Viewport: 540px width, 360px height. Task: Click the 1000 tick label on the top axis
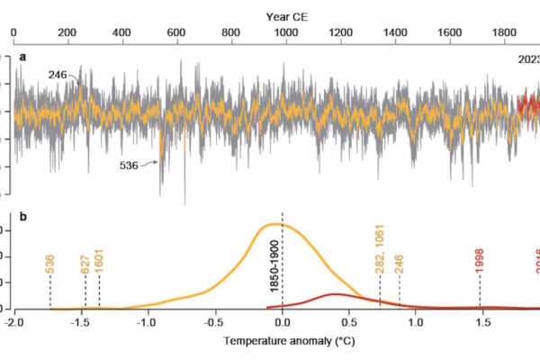click(x=285, y=33)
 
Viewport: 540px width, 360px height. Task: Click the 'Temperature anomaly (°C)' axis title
click(x=283, y=343)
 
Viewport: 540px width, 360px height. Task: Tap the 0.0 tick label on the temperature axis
click(x=283, y=324)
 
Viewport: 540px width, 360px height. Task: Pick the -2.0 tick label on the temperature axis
click(x=13, y=324)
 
